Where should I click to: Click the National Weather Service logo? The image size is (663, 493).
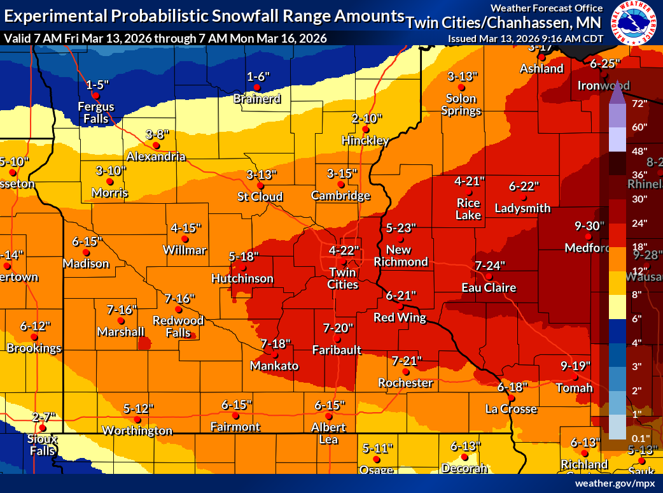[x=632, y=23]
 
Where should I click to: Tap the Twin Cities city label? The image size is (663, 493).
[x=343, y=278]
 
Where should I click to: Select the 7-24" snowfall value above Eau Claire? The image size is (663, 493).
[x=490, y=266]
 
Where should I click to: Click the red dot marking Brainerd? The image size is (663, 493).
[x=257, y=87]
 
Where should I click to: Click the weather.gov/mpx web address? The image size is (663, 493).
[x=615, y=483]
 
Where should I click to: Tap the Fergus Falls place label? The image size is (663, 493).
[x=96, y=113]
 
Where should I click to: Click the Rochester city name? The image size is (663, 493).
[x=405, y=383]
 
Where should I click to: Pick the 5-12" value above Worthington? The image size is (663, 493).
[x=139, y=408]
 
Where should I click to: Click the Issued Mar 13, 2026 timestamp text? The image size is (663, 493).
[x=525, y=38]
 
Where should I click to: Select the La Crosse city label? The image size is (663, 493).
[x=511, y=409]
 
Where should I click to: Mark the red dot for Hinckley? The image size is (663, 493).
[x=366, y=129]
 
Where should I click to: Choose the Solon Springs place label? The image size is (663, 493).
[x=461, y=104]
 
